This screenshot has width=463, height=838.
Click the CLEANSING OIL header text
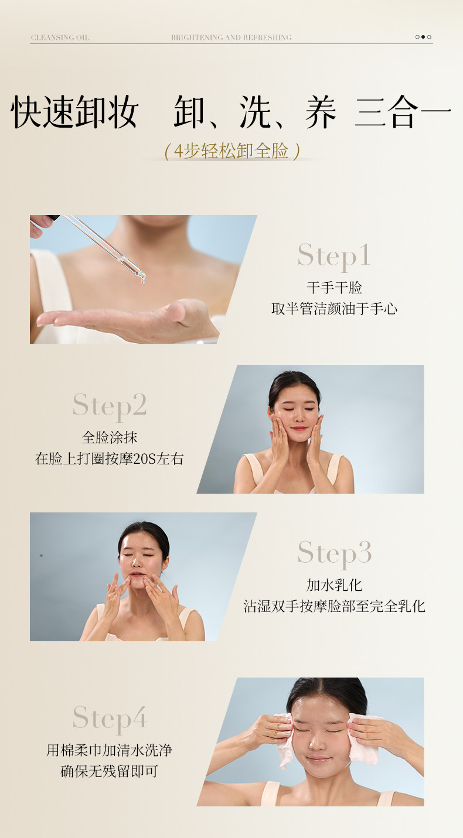click(x=60, y=37)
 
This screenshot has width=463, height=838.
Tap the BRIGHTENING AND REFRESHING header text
click(x=231, y=37)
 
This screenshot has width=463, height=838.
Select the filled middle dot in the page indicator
click(x=423, y=37)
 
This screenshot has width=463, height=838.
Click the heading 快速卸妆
click(x=75, y=111)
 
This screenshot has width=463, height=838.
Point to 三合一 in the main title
click(x=403, y=111)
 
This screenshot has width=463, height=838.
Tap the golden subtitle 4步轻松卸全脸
click(x=231, y=151)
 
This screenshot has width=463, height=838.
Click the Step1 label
click(x=334, y=256)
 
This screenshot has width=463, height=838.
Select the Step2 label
click(x=110, y=406)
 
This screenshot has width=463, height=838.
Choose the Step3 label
click(x=335, y=553)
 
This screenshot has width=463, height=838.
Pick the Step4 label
click(x=110, y=719)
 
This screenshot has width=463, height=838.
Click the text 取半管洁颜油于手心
click(x=334, y=309)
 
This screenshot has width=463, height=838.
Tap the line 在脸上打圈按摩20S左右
click(x=109, y=459)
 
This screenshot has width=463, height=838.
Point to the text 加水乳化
click(x=334, y=585)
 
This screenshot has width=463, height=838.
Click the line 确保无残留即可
click(x=109, y=771)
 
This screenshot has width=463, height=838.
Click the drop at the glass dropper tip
click(x=142, y=278)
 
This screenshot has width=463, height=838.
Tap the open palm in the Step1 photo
click(x=127, y=320)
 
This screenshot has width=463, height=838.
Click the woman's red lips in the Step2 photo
click(x=299, y=428)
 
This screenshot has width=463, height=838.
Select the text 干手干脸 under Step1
click(x=334, y=288)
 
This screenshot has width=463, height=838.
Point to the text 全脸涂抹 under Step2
click(x=109, y=437)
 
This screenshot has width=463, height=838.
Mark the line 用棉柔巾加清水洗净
click(x=109, y=750)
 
